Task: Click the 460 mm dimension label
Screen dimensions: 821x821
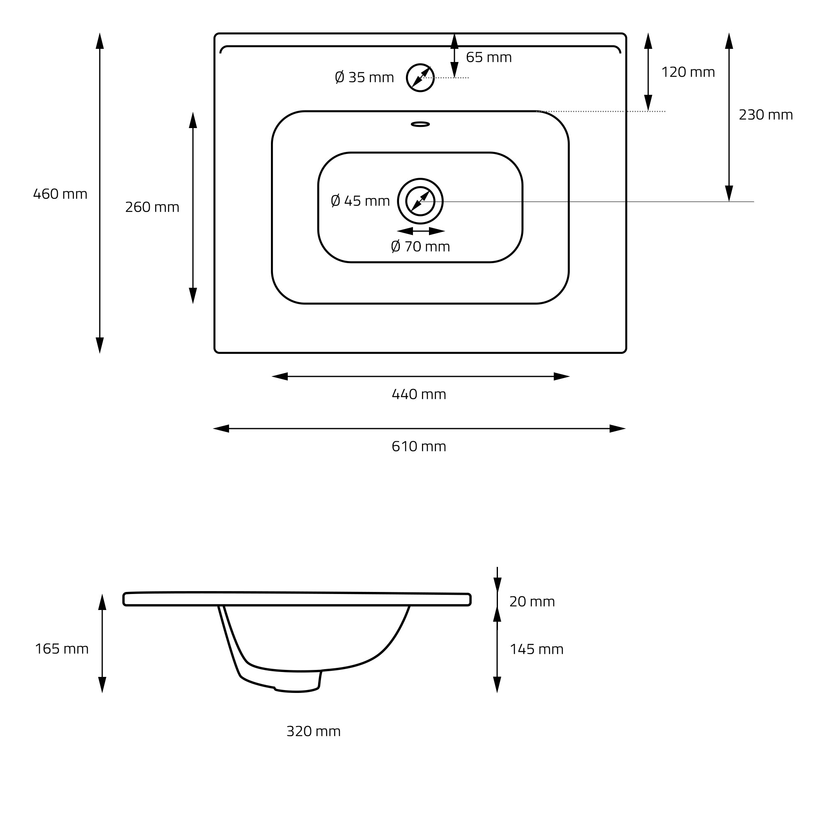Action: click(x=60, y=194)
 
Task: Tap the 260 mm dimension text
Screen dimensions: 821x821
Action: click(x=152, y=207)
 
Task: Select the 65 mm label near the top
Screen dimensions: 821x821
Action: click(x=488, y=57)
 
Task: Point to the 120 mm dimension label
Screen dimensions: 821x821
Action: click(x=688, y=72)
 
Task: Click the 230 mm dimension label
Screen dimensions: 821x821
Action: click(x=766, y=115)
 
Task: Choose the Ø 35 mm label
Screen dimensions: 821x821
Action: click(x=365, y=77)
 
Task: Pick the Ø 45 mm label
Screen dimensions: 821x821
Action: click(x=360, y=201)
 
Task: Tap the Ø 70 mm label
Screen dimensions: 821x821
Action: click(x=420, y=246)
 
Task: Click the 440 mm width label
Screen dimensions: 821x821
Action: click(x=419, y=394)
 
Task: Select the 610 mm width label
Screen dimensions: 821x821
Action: click(x=419, y=446)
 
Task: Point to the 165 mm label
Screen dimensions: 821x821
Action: click(x=62, y=649)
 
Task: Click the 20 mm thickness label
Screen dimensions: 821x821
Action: click(x=532, y=602)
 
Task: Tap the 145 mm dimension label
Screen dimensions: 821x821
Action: click(x=537, y=649)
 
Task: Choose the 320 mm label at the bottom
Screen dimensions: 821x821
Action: click(x=314, y=732)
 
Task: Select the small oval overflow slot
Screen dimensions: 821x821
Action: click(x=420, y=124)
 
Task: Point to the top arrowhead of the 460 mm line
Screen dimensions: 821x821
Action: click(x=100, y=41)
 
